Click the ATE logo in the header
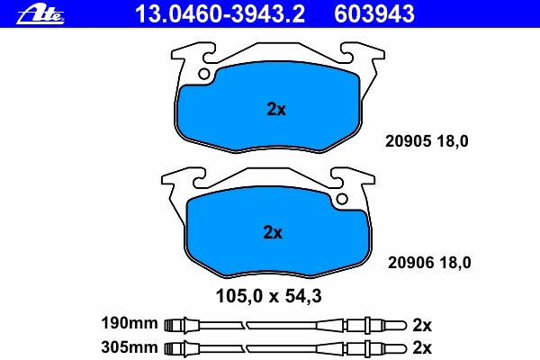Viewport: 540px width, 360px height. pyautogui.click(x=40, y=15)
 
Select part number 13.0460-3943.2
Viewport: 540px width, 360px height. pyautogui.click(x=220, y=14)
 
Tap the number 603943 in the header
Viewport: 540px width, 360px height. pyautogui.click(x=374, y=14)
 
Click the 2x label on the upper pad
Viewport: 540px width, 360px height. pyautogui.click(x=276, y=109)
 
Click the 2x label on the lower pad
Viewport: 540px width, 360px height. pyautogui.click(x=273, y=232)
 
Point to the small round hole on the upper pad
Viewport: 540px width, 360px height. pyautogui.click(x=204, y=74)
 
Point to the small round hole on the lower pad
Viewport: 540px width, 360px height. pyautogui.click(x=342, y=199)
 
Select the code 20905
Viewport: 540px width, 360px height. pyautogui.click(x=408, y=141)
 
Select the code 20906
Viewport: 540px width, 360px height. pyautogui.click(x=411, y=263)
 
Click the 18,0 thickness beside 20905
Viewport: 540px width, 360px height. pyautogui.click(x=453, y=141)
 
